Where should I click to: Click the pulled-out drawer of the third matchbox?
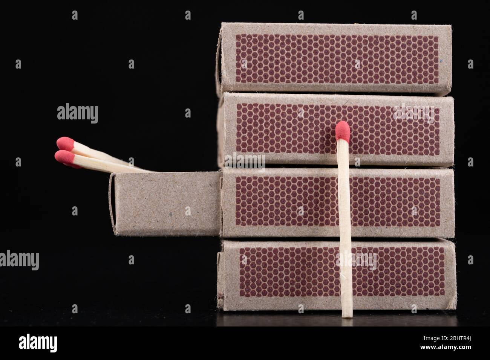pos(166,203)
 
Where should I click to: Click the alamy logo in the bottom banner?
pos(38,343)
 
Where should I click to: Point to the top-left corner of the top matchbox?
pos(221,24)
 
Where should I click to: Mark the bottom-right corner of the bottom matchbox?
pos(455,310)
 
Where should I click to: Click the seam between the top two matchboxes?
pos(335,93)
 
